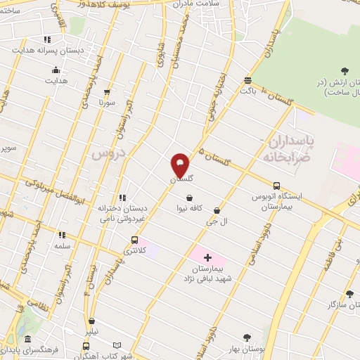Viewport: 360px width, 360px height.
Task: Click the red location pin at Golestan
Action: click(x=180, y=165)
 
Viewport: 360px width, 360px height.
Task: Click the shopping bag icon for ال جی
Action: click(x=217, y=210)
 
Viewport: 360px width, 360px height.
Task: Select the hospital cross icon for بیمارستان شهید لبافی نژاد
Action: click(x=207, y=259)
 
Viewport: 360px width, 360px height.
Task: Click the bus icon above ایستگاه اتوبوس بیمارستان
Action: click(x=276, y=186)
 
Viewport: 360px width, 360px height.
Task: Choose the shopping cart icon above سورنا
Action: click(x=107, y=91)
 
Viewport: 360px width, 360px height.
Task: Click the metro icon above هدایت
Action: click(x=56, y=70)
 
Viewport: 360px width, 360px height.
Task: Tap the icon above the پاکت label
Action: click(x=247, y=80)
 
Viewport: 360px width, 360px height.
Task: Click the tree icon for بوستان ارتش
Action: click(x=345, y=70)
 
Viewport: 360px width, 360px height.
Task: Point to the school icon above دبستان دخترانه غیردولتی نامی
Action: click(x=123, y=198)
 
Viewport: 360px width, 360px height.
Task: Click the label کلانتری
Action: click(x=135, y=250)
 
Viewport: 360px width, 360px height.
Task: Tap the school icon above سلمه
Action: click(x=62, y=236)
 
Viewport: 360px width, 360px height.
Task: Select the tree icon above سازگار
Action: click(x=349, y=294)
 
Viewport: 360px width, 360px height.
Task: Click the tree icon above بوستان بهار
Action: click(x=246, y=338)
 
